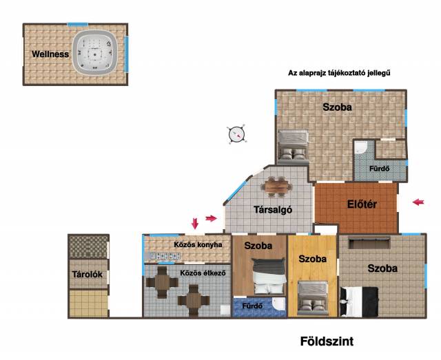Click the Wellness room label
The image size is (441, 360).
[50, 54]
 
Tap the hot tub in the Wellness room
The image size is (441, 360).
[95, 52]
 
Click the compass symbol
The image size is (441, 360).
[236, 134]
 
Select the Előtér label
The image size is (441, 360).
[362, 204]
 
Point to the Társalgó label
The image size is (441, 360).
[273, 210]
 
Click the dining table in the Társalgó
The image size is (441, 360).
[276, 187]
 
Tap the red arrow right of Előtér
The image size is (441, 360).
[418, 202]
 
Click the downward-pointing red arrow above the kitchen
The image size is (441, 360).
[194, 224]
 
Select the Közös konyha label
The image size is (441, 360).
[198, 244]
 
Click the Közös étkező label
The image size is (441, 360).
[203, 273]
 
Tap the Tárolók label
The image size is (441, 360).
[88, 274]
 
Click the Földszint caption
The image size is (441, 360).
[327, 341]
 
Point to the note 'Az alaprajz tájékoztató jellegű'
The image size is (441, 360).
[339, 73]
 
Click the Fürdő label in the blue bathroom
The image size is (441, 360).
[252, 306]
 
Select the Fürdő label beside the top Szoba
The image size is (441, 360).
[380, 169]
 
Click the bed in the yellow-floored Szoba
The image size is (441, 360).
[313, 298]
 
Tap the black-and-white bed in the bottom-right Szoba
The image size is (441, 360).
[359, 301]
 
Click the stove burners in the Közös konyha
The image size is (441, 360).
[165, 256]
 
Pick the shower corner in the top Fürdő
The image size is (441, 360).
[360, 147]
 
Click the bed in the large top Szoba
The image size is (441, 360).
[293, 147]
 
